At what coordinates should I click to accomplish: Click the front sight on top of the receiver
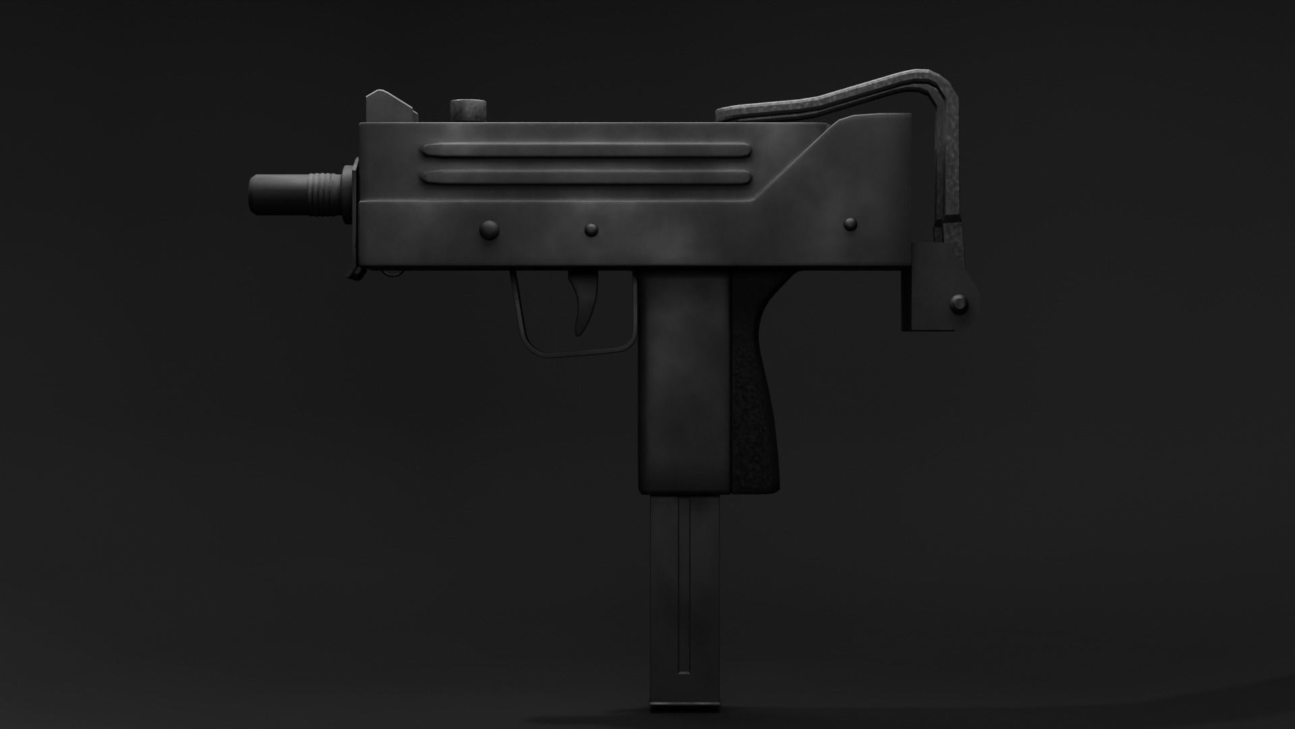(388, 107)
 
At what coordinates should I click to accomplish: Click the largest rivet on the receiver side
(489, 230)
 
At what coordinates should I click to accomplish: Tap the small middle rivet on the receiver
(592, 230)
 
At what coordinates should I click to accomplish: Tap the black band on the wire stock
(950, 221)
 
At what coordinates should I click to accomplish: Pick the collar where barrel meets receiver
(351, 196)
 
